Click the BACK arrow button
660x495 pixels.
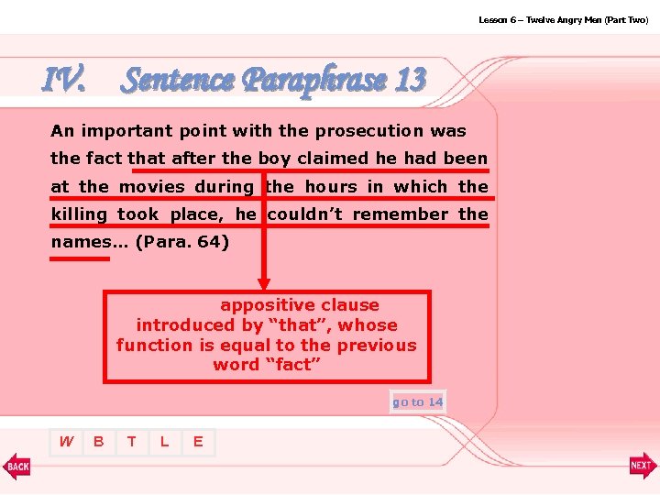(x=16, y=466)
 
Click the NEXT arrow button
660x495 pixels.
(x=643, y=466)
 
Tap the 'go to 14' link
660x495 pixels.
(x=417, y=402)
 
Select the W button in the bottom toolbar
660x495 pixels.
(x=66, y=442)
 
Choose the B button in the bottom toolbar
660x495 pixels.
(x=99, y=442)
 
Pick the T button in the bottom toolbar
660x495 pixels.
(x=132, y=442)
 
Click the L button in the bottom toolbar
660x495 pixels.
(x=165, y=442)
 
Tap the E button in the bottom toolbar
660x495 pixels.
(x=197, y=442)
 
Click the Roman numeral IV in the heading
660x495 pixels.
(x=64, y=81)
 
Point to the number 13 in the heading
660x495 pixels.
(x=411, y=81)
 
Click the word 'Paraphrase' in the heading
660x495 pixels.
(x=314, y=81)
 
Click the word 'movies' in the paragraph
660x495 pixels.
(x=152, y=187)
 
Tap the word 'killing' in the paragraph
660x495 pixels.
(x=80, y=214)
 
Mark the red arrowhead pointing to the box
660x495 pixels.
(x=264, y=284)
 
